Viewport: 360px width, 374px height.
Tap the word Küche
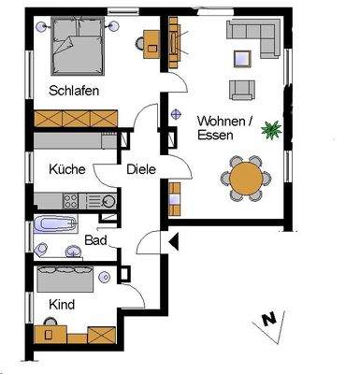point(66,170)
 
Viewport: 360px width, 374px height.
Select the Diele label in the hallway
point(141,170)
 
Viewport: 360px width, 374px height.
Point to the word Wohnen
point(218,120)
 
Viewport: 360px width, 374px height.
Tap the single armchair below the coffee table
point(243,89)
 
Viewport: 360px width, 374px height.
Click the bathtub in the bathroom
point(54,224)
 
